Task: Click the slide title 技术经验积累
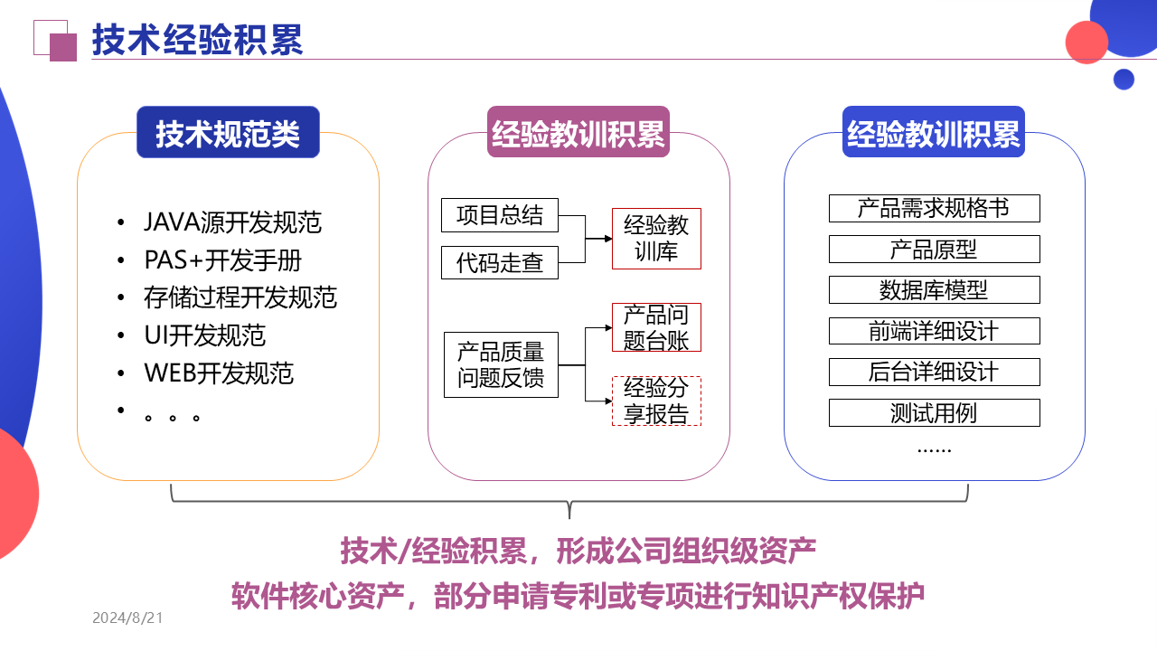[x=197, y=41]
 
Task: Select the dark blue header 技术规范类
[x=228, y=133]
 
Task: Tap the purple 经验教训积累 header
[x=578, y=133]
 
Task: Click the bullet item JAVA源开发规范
[x=232, y=222]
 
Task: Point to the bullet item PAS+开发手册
[x=222, y=260]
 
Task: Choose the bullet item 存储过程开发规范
[x=240, y=297]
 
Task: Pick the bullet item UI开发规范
[x=204, y=335]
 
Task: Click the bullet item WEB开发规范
[x=219, y=373]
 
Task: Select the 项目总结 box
[x=500, y=215]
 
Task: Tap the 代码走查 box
[x=500, y=262]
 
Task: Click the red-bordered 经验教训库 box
[x=656, y=239]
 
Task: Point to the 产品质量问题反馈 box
[x=501, y=364]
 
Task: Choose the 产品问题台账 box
[x=656, y=327]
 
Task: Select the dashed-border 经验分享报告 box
[x=656, y=401]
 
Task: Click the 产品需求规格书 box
[x=934, y=208]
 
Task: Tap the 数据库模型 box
[x=934, y=290]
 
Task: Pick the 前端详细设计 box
[x=934, y=331]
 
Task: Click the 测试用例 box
[x=934, y=413]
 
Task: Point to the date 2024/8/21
[x=127, y=618]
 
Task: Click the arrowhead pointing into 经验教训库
[x=607, y=239]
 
